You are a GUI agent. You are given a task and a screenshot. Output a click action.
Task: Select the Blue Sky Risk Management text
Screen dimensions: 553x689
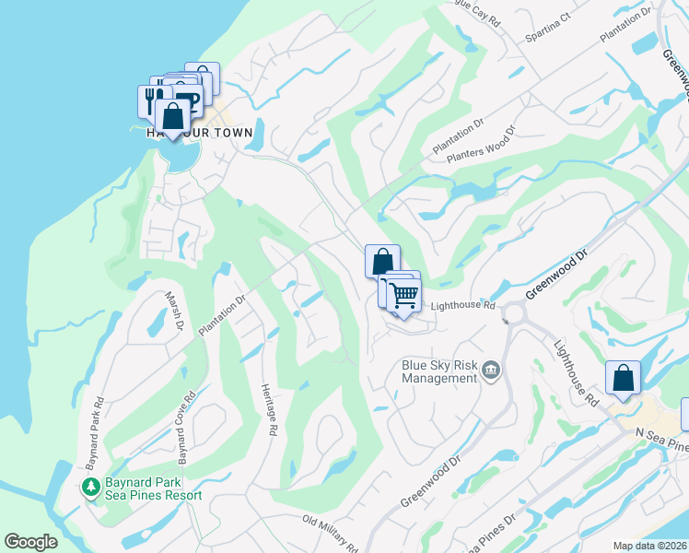(439, 371)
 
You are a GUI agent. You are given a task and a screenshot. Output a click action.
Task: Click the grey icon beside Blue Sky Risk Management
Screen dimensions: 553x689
(490, 371)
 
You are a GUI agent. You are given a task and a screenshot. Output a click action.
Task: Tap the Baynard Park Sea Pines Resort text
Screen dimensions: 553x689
(153, 488)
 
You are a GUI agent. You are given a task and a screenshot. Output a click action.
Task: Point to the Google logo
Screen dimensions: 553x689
(31, 542)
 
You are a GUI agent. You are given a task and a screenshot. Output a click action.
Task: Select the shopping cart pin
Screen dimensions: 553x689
(403, 296)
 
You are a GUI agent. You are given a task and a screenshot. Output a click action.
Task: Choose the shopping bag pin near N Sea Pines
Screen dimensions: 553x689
(623, 378)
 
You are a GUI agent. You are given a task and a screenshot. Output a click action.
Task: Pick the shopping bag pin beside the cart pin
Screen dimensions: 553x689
(381, 261)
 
